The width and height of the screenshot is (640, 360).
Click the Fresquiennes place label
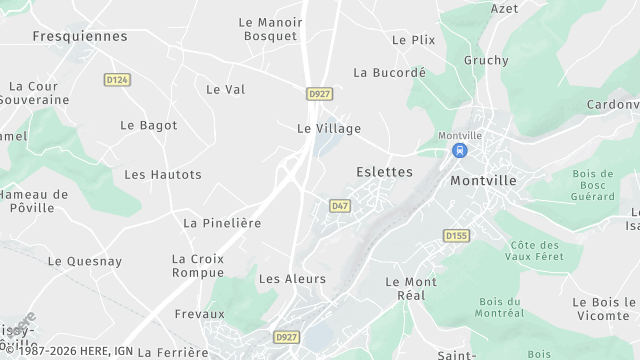point(80,36)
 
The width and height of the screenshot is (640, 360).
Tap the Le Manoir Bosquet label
point(271,29)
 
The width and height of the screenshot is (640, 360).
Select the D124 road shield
point(118,79)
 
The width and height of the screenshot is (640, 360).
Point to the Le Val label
point(225,89)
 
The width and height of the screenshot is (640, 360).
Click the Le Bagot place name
point(148,125)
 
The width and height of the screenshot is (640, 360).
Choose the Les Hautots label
point(162,174)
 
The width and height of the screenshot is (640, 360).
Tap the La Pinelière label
point(222,223)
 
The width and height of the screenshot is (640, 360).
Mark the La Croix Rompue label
point(198,265)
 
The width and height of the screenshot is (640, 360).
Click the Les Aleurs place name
point(286,278)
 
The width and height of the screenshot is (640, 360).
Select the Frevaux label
point(199,313)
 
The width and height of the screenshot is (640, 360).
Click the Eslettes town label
point(384,172)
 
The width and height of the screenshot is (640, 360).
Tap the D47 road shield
point(339,206)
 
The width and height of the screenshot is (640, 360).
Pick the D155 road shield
point(456,236)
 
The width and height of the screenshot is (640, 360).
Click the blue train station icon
point(459,150)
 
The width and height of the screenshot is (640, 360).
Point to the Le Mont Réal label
point(411,288)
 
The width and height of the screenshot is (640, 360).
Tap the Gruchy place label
point(487,60)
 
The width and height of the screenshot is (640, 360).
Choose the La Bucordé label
point(390,72)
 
